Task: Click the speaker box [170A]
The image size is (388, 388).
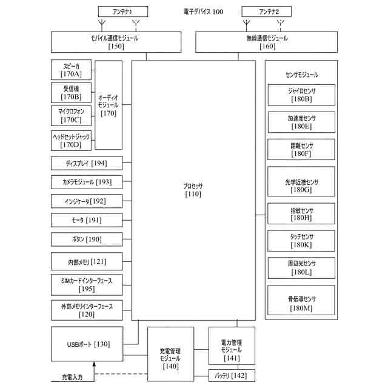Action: [x=70, y=70]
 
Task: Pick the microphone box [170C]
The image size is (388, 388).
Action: [x=70, y=115]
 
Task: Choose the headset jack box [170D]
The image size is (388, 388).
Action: [x=70, y=141]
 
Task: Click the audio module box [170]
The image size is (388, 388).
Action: [x=109, y=105]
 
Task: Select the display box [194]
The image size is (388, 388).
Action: [x=87, y=164]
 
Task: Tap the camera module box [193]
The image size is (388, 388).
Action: [x=87, y=182]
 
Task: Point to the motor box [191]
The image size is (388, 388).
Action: [x=87, y=219]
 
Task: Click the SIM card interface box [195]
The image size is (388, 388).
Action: [x=87, y=284]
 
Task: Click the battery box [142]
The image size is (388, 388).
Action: [x=232, y=376]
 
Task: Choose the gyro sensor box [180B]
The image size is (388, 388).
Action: [x=301, y=95]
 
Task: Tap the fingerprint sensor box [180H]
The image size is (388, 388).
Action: [x=301, y=213]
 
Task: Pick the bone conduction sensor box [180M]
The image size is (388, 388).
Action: [x=301, y=303]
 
